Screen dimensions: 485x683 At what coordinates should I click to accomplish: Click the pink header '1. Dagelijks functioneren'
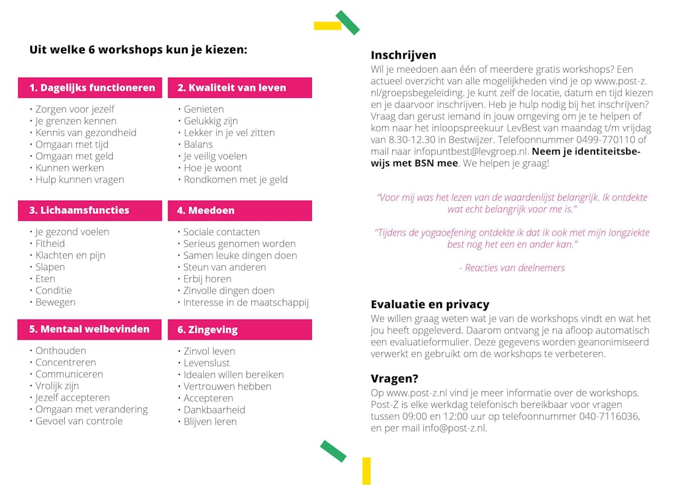(x=90, y=88)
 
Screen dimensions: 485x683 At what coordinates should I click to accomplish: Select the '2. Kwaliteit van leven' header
(x=240, y=88)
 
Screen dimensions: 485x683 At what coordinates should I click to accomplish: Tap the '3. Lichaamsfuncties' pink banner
(x=90, y=210)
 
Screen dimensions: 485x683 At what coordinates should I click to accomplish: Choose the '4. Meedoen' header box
(x=240, y=211)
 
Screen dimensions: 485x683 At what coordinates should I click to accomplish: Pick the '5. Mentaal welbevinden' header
(x=90, y=329)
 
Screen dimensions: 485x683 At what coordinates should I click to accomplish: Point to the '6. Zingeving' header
(x=240, y=330)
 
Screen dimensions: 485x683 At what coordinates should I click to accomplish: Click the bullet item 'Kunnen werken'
(x=70, y=168)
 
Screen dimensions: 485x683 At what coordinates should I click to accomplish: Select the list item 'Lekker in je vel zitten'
(x=229, y=133)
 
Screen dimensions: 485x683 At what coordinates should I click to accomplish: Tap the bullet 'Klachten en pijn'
(x=70, y=255)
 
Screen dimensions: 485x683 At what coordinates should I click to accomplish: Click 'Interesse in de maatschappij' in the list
(x=246, y=303)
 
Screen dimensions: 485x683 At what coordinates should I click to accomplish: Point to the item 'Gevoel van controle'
(x=79, y=421)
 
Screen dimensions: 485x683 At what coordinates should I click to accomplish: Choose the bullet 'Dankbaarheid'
(x=214, y=410)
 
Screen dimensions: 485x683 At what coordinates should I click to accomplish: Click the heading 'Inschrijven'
(x=403, y=55)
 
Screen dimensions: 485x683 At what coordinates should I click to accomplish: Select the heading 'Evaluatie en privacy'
(x=430, y=304)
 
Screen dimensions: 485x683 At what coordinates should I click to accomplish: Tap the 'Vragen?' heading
(x=394, y=379)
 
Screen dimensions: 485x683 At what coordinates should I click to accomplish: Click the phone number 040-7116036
(x=608, y=416)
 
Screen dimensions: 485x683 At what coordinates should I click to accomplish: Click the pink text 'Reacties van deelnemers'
(x=515, y=268)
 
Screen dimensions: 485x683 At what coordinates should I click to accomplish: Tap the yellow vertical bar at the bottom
(x=366, y=470)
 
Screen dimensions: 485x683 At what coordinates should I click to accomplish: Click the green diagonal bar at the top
(x=348, y=22)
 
